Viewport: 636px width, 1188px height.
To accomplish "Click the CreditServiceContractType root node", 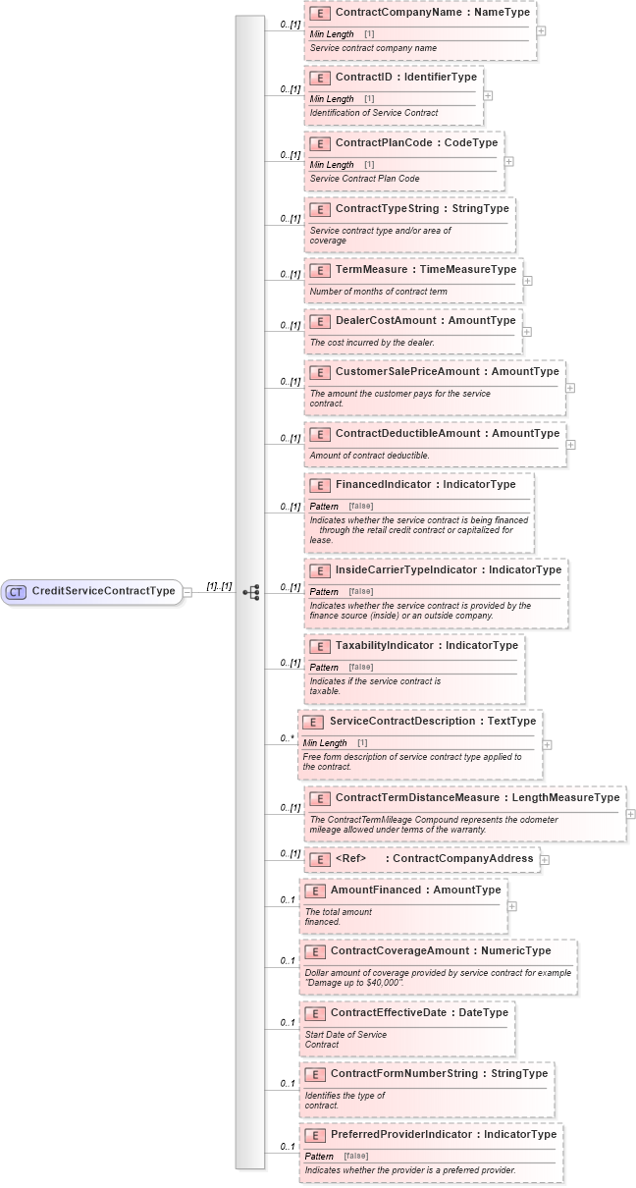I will pos(102,591).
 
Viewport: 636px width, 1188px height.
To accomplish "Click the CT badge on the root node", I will pos(17,592).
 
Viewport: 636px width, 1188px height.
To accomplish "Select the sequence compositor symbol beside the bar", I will pos(251,592).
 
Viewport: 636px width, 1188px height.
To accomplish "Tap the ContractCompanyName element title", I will pos(432,13).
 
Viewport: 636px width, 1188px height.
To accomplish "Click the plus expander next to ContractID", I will pos(488,96).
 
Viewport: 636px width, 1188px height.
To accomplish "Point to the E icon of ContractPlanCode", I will pos(319,143).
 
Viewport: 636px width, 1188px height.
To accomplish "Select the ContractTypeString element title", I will pos(422,208).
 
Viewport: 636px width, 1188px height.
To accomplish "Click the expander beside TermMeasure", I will pos(527,281).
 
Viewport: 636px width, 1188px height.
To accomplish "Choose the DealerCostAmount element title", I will pos(425,320).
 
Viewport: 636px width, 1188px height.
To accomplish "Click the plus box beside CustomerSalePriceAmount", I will pos(570,388).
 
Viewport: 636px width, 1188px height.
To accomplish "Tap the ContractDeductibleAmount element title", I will pos(447,433).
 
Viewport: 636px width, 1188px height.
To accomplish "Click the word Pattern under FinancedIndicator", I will pos(324,507).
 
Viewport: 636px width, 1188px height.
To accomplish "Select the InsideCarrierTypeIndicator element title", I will pos(448,569).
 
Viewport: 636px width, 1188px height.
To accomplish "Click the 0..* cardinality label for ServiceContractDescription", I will pos(287,738).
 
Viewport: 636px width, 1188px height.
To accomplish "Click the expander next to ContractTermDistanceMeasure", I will pos(630,814).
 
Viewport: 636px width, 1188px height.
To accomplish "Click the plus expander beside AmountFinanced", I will pos(512,906).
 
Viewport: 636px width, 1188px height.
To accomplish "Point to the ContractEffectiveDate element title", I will pos(419,1012).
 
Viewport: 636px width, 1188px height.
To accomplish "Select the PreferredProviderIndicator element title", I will pos(443,1134).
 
